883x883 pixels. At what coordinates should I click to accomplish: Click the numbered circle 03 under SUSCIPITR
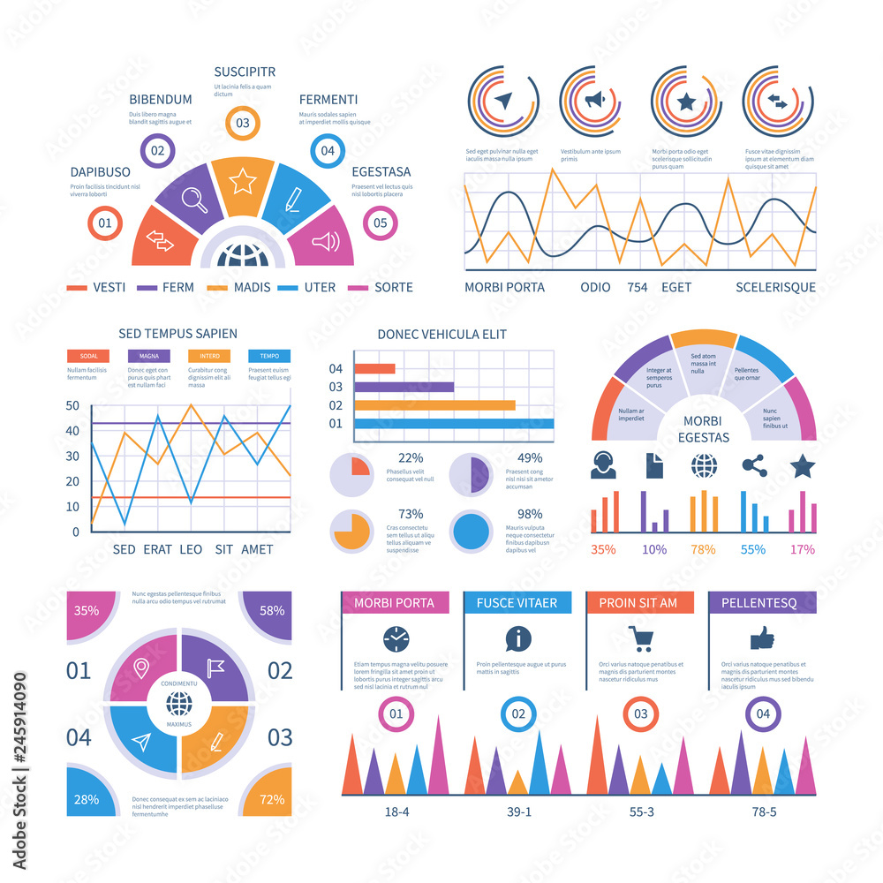(x=242, y=123)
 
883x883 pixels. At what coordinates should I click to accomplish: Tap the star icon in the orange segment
(x=242, y=182)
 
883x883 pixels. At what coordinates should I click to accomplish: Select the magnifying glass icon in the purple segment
(x=194, y=199)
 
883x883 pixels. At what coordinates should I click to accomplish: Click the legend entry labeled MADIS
(x=251, y=287)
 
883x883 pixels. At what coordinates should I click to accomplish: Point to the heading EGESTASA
(x=381, y=171)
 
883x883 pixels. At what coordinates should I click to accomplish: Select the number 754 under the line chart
(x=638, y=287)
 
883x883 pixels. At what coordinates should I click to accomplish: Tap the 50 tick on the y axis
(x=72, y=406)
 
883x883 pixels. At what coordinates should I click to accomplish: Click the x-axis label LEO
(x=191, y=549)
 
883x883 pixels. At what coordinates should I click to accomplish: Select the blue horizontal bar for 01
(x=454, y=424)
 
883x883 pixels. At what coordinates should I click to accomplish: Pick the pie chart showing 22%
(x=351, y=475)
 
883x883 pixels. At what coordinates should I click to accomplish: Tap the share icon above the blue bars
(x=753, y=465)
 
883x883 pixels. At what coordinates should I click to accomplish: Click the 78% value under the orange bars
(x=703, y=549)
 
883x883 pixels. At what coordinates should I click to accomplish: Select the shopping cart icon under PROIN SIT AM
(x=639, y=638)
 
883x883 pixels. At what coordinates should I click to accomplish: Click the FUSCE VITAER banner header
(x=517, y=602)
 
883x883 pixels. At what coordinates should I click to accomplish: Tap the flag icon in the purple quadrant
(x=215, y=665)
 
